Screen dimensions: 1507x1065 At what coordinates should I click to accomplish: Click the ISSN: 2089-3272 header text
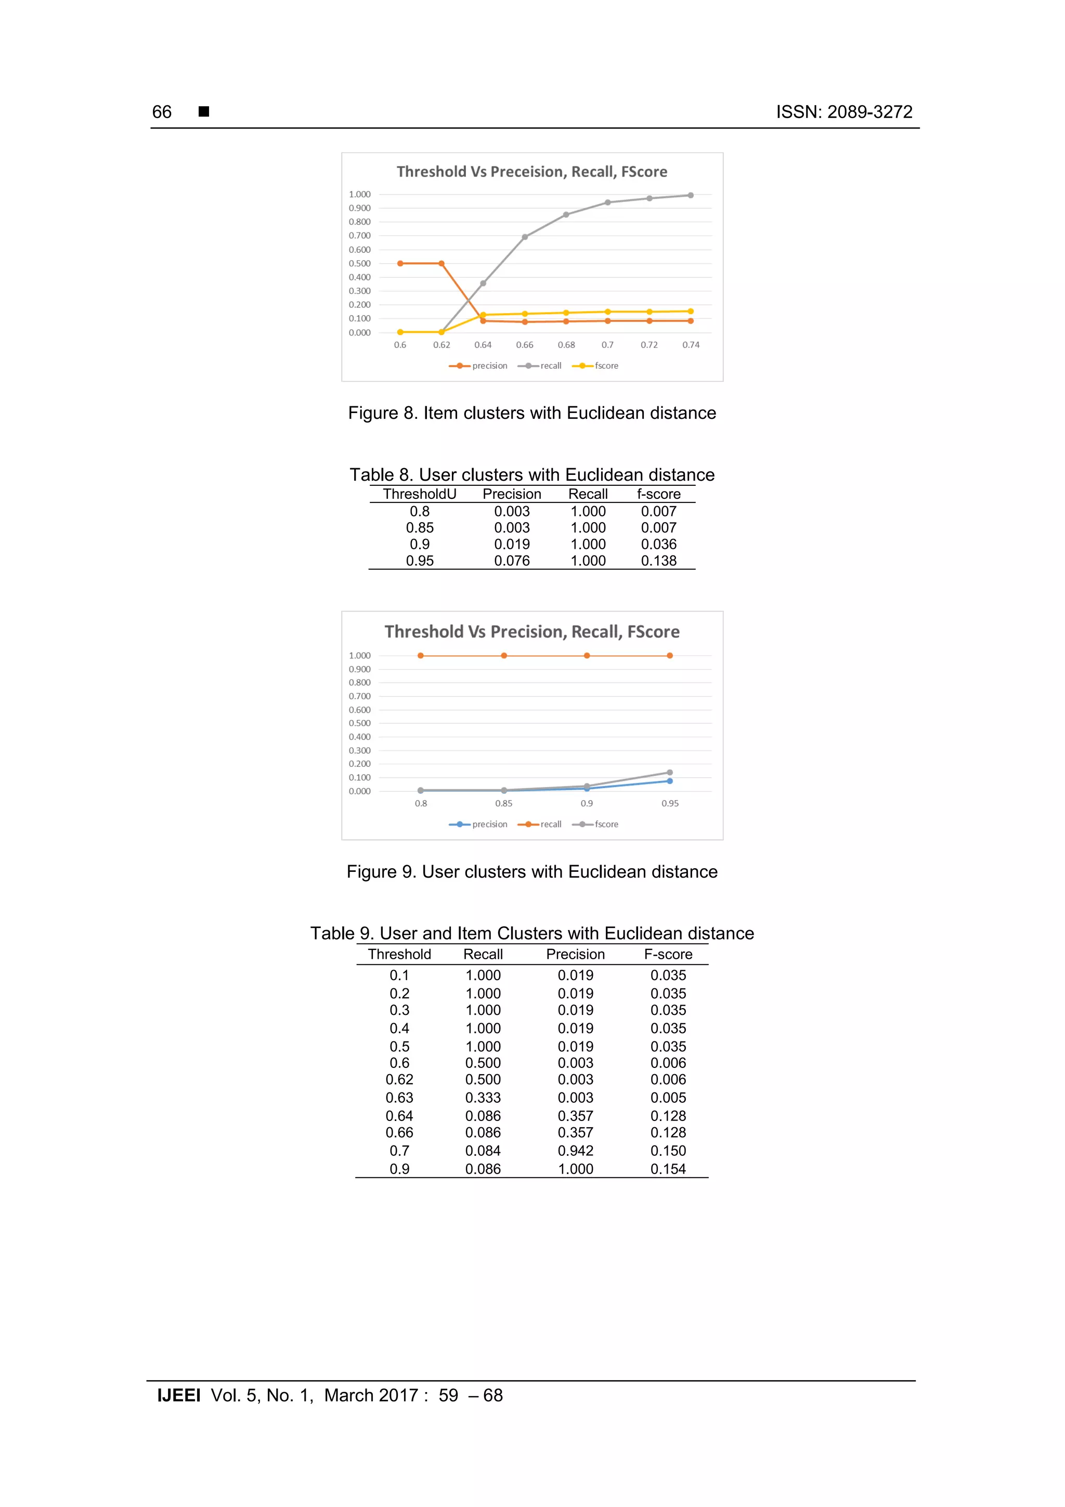(844, 112)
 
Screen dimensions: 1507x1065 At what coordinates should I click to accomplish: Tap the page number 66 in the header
(161, 112)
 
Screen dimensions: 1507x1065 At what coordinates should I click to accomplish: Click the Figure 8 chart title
(531, 172)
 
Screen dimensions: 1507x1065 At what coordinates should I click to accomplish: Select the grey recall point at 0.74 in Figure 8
(690, 196)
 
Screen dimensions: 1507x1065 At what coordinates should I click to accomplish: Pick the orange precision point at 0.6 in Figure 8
(400, 264)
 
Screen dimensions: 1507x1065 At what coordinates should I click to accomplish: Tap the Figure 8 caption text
(531, 414)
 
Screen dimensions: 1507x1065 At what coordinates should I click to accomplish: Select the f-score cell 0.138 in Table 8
(658, 561)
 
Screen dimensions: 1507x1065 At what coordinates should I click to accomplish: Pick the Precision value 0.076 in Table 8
(512, 561)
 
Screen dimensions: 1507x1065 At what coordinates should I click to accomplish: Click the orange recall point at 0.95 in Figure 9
(670, 655)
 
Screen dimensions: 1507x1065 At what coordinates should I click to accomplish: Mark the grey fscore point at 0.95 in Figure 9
(670, 772)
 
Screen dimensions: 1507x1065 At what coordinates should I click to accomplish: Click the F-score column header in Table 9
(668, 955)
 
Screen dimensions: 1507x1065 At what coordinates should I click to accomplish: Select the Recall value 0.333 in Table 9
(483, 1098)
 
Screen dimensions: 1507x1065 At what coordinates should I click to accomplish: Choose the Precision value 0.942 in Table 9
(576, 1151)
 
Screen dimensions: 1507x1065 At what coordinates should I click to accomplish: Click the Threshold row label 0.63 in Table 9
(399, 1098)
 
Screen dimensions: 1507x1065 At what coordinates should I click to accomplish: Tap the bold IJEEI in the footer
(178, 1396)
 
